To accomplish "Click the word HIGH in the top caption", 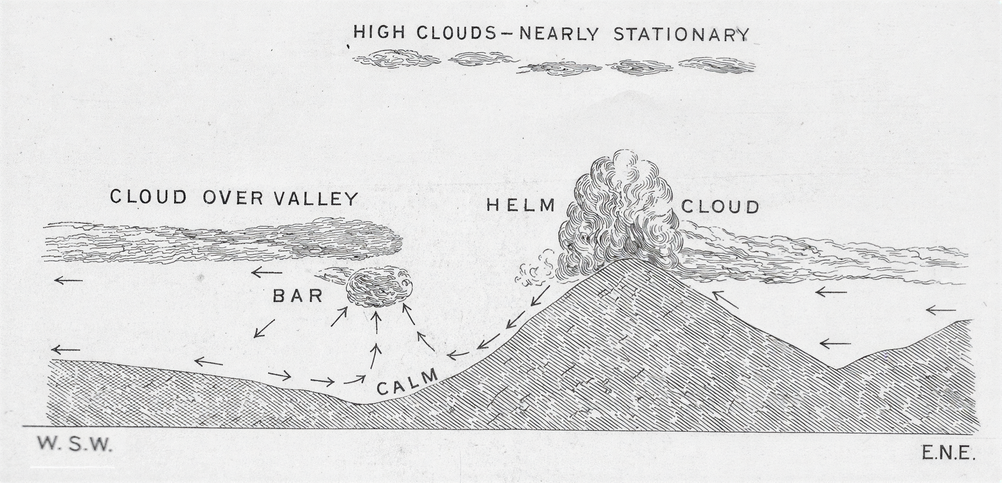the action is (x=380, y=32).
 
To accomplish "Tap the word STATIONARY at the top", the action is (x=681, y=35).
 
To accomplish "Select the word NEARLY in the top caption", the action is (x=560, y=33).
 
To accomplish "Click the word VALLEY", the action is (x=316, y=198).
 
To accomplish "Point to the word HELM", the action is (x=521, y=205).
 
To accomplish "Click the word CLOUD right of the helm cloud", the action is (x=720, y=207).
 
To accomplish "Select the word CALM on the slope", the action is (x=407, y=382).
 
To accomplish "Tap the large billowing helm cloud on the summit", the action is (x=619, y=212).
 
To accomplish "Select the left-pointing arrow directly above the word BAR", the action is (x=267, y=272).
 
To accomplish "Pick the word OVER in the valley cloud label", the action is (x=233, y=198).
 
